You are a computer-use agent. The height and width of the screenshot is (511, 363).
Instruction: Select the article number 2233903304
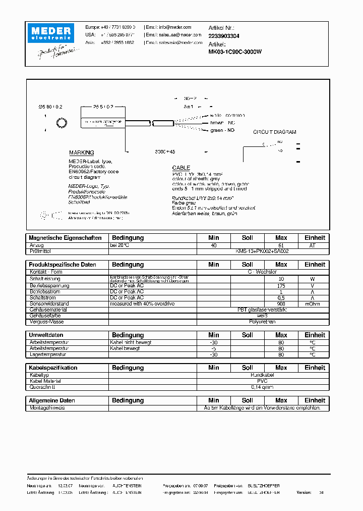coord(224,36)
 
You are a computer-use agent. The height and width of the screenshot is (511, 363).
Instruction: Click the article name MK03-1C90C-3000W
coord(235,52)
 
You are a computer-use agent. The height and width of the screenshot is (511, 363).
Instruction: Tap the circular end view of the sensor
coord(62,123)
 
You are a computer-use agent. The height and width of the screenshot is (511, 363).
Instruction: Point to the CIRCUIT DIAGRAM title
coord(274,132)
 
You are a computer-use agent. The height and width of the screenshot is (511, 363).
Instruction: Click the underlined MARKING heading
coord(81,152)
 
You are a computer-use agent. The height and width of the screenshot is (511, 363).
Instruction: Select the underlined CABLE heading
coord(181,168)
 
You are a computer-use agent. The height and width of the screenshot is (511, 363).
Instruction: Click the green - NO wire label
coord(222,130)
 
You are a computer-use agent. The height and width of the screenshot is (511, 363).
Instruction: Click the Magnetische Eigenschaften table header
coord(65,238)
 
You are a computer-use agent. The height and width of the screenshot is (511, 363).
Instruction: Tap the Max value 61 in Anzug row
coord(281,245)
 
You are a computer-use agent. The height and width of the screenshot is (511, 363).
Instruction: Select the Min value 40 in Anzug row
coord(214,245)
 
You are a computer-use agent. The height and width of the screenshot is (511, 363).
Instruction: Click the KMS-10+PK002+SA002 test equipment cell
coord(262,251)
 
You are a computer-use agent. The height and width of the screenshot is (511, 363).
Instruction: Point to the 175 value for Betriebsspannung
coord(281,285)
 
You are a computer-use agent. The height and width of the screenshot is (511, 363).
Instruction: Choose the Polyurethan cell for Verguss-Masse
coord(262,321)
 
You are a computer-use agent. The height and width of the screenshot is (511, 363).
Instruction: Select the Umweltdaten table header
coord(46,335)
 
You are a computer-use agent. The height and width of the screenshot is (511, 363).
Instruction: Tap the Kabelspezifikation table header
coord(53,368)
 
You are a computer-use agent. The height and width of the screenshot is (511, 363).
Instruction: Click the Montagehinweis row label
coord(47,407)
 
